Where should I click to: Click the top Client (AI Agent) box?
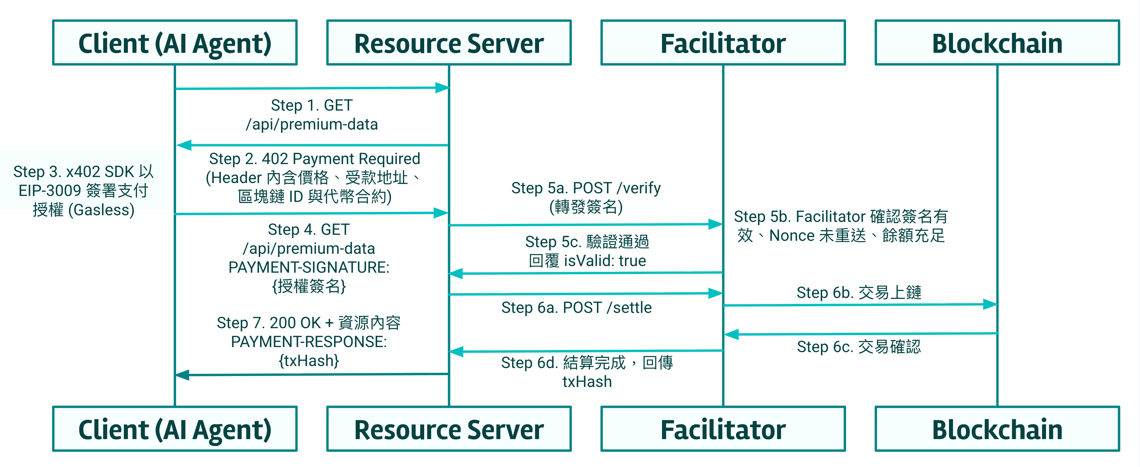pyautogui.click(x=175, y=43)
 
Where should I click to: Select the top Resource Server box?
pyautogui.click(x=449, y=43)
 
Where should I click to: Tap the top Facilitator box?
pyautogui.click(x=723, y=43)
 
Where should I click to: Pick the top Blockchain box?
pyautogui.click(x=997, y=43)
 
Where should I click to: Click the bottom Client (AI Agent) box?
pyautogui.click(x=175, y=428)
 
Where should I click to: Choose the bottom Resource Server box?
pyautogui.click(x=449, y=428)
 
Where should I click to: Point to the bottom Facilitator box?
pyautogui.click(x=723, y=428)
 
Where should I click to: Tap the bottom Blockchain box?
pyautogui.click(x=997, y=428)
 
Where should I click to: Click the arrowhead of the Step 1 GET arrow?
pyautogui.click(x=442, y=88)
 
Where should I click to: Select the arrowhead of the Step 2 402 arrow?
pyautogui.click(x=184, y=145)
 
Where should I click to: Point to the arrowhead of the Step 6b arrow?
pyautogui.click(x=990, y=304)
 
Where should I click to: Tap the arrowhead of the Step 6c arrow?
pyautogui.click(x=731, y=334)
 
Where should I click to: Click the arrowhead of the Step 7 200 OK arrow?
pyautogui.click(x=183, y=375)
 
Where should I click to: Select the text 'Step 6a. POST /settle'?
pyautogui.click(x=576, y=308)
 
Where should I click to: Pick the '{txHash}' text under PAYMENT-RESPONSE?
pyautogui.click(x=309, y=361)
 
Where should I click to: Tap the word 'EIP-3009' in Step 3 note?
pyautogui.click(x=49, y=190)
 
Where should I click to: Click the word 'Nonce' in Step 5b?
pyautogui.click(x=792, y=235)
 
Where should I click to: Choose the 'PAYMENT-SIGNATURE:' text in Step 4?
pyautogui.click(x=309, y=267)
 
